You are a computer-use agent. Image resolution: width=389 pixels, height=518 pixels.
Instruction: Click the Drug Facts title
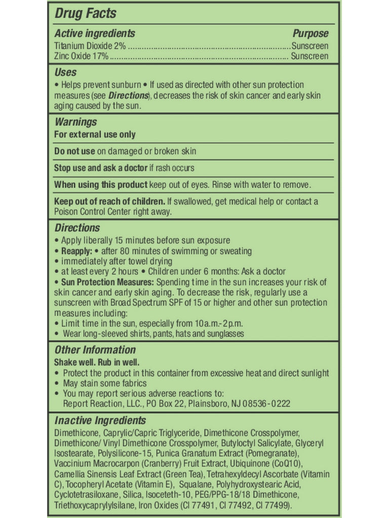(85, 14)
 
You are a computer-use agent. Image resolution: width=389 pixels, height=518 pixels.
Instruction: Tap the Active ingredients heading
(95, 34)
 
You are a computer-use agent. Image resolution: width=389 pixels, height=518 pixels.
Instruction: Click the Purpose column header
(310, 34)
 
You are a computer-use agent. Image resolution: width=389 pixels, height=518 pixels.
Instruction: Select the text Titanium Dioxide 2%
(90, 46)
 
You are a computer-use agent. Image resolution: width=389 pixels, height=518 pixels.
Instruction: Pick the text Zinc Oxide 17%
(81, 56)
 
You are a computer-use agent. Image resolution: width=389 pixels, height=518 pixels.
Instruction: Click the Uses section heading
(65, 72)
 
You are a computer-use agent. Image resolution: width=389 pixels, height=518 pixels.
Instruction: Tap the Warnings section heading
(75, 122)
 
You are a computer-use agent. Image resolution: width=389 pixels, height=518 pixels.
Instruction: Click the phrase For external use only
(95, 135)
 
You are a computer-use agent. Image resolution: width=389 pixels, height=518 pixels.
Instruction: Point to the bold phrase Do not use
(74, 151)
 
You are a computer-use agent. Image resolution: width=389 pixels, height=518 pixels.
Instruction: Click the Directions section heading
(77, 228)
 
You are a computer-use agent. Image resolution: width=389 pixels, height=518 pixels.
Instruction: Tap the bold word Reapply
(76, 251)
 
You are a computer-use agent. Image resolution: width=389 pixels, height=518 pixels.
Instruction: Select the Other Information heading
(95, 350)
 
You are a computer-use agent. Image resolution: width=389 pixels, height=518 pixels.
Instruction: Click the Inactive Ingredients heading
(100, 421)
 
